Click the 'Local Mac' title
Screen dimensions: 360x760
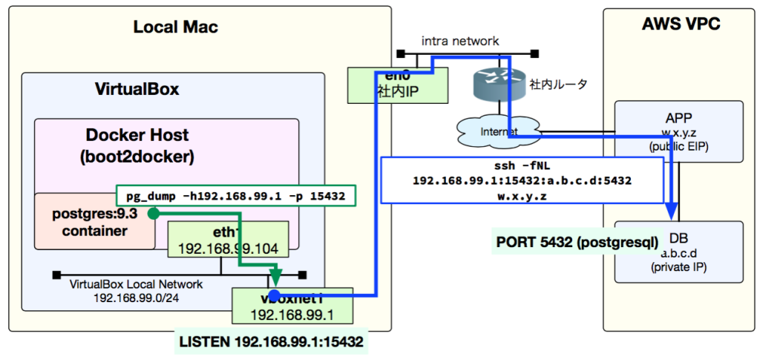point(175,27)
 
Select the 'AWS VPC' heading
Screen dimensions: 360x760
point(681,24)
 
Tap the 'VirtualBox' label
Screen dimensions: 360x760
point(137,90)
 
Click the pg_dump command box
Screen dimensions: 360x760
point(236,196)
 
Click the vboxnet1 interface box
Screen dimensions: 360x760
point(291,306)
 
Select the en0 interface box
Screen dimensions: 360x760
point(398,85)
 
